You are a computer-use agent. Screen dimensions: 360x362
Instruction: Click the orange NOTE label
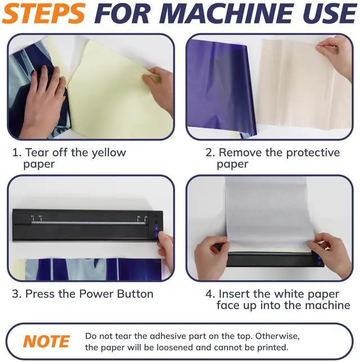coord(47,341)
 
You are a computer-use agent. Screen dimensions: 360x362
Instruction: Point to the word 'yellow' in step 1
coord(109,153)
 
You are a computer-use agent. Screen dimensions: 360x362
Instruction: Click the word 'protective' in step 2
coord(313,153)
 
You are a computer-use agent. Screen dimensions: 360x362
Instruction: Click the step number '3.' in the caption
coord(17,294)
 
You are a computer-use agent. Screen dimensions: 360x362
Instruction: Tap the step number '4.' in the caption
coord(210,294)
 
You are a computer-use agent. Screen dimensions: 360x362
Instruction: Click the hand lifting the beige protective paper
coord(335,58)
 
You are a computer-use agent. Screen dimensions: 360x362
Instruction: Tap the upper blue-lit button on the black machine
coord(156,228)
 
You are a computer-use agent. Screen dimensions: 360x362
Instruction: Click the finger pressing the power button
coord(162,238)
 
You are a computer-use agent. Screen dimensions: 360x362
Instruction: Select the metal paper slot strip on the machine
coord(88,223)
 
